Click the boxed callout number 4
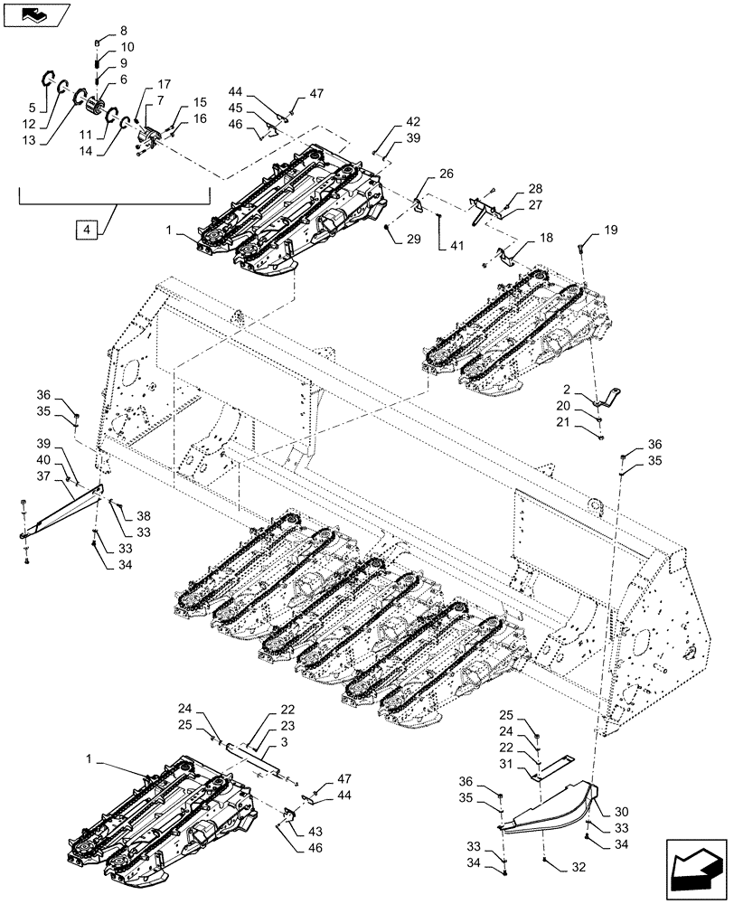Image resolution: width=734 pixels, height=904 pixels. coord(87,231)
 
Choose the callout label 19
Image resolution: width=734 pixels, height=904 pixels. coord(612,231)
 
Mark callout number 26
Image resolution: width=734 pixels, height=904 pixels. coord(421,174)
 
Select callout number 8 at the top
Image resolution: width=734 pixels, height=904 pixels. coord(124,31)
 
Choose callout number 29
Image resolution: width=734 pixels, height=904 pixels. coord(413,238)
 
